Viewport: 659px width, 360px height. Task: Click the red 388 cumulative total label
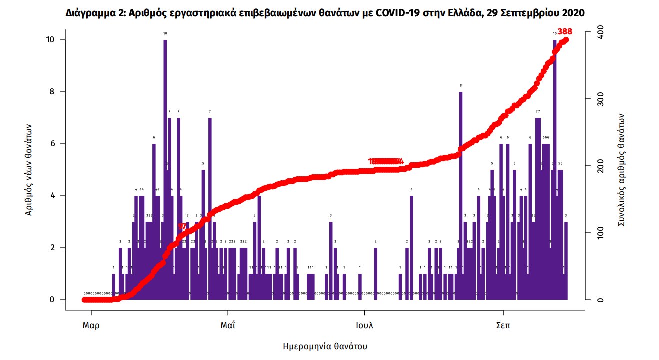point(565,32)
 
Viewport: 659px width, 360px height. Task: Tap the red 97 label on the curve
point(182,226)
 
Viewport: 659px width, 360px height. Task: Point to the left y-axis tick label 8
point(51,92)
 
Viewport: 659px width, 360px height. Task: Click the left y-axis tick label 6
point(51,144)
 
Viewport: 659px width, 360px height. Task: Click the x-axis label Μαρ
point(91,325)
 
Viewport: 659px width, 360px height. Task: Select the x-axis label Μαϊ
point(228,325)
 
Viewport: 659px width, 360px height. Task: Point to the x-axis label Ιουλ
point(364,325)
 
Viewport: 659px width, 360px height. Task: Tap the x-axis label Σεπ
point(502,325)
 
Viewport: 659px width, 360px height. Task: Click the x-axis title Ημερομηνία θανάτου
point(325,346)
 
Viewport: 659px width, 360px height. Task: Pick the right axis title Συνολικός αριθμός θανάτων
point(621,169)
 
